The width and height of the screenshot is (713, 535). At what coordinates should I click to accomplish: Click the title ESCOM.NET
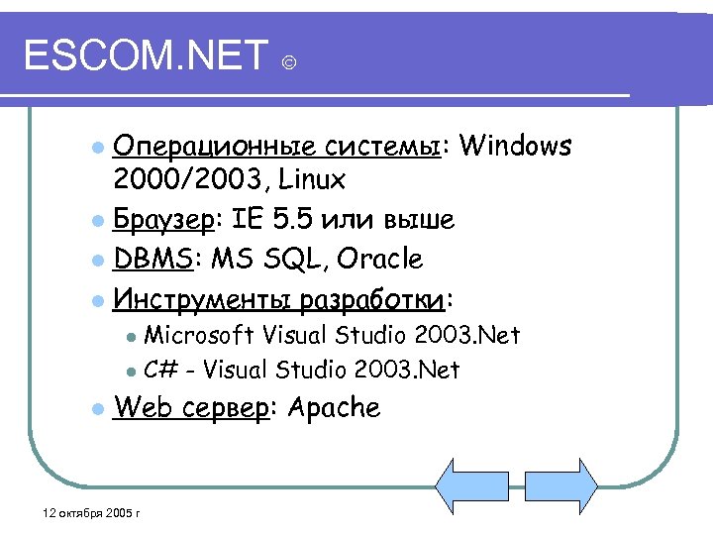click(x=146, y=56)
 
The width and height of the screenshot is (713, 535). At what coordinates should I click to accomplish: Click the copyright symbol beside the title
click(x=288, y=64)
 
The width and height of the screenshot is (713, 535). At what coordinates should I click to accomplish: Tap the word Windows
click(x=516, y=147)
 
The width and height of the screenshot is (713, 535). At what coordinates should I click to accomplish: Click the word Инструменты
click(x=204, y=297)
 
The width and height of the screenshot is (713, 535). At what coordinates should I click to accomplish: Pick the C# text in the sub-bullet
click(x=161, y=371)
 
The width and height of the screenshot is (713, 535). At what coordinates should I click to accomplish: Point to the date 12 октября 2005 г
click(x=86, y=513)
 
